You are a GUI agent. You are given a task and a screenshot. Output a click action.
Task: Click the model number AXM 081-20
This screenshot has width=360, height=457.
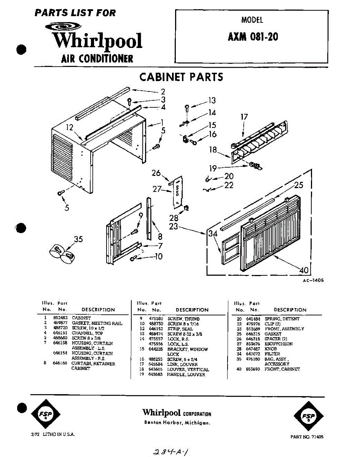(x=253, y=37)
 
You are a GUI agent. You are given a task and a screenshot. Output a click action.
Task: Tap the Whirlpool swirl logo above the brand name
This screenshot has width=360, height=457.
(x=63, y=26)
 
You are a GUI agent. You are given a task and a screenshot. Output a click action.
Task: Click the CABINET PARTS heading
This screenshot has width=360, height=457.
(x=181, y=77)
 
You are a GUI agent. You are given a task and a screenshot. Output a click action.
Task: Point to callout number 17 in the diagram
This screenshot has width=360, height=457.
(x=244, y=117)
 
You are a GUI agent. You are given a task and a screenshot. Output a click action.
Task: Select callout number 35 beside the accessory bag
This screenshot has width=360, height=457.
(x=78, y=239)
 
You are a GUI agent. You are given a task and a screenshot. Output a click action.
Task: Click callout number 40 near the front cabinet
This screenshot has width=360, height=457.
(x=303, y=270)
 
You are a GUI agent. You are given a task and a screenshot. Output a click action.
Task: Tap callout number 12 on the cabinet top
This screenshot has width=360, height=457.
(x=69, y=128)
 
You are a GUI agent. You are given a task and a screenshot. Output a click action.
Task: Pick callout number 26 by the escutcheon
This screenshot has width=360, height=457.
(x=156, y=173)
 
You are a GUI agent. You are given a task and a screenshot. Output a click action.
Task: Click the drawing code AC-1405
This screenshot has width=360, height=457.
(x=313, y=280)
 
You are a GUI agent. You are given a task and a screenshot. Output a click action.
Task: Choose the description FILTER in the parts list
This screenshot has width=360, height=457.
(x=272, y=354)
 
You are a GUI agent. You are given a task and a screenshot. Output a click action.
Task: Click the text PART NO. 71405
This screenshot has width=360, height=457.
(x=307, y=437)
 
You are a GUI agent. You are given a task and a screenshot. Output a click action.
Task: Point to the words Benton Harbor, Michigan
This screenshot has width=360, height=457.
(x=177, y=423)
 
